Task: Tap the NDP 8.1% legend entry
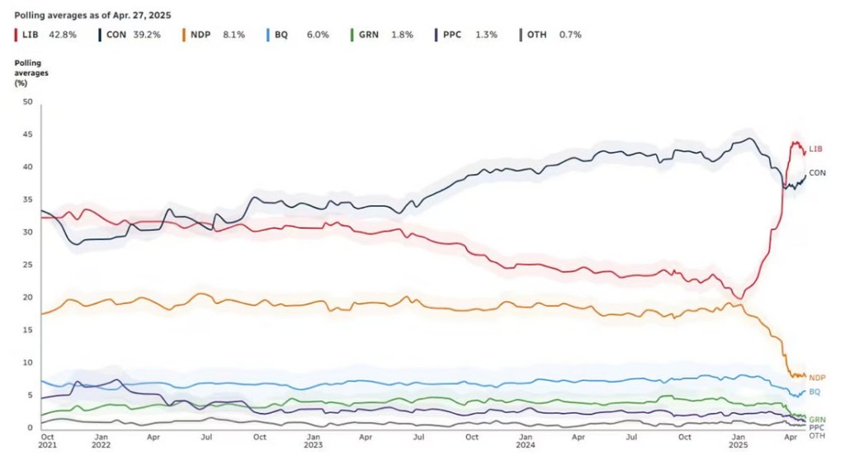pos(220,35)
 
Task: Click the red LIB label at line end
pos(815,148)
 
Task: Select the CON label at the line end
pos(817,172)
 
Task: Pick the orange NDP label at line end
pos(817,377)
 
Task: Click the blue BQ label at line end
pos(814,391)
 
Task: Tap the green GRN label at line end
pos(817,419)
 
